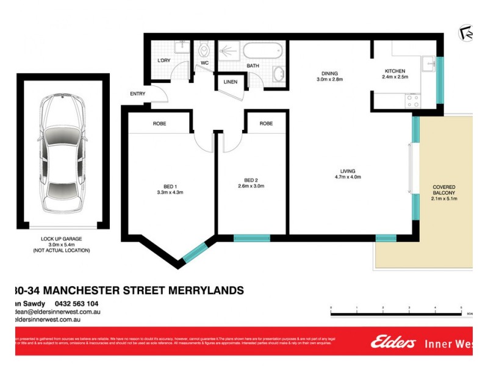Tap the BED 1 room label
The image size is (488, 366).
pos(171,189)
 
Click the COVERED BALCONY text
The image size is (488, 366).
pos(444,190)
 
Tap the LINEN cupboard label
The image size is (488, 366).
pos(231,81)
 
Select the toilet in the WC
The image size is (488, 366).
pos(205,49)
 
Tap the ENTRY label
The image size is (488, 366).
pos(137,93)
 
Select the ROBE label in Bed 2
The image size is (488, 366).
pos(266,124)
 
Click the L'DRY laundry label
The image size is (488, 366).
pos(163,60)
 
